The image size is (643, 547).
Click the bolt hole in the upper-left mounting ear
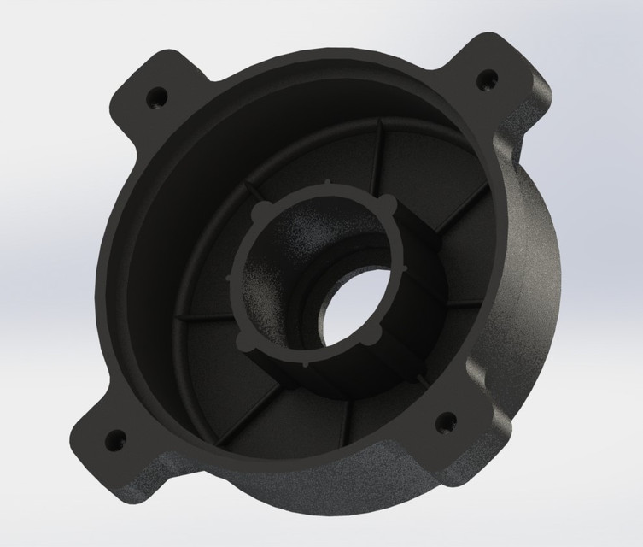coord(157,97)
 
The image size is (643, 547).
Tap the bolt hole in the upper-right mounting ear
coord(486,79)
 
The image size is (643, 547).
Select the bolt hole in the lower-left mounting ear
coord(112,441)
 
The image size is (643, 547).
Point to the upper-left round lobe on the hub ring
coord(256,209)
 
